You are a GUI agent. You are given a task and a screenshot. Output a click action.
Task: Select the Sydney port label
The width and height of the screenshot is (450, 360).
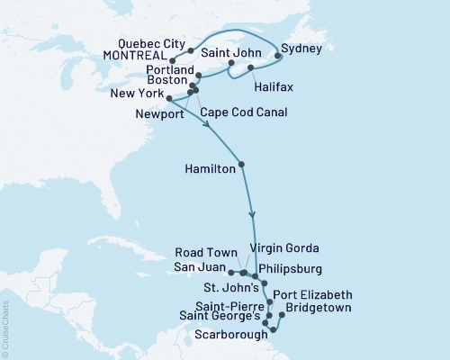(x=300, y=47)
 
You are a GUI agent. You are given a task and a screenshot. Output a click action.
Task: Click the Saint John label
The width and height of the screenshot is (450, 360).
(x=239, y=53)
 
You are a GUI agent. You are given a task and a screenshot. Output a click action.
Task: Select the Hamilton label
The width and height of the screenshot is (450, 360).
(x=210, y=168)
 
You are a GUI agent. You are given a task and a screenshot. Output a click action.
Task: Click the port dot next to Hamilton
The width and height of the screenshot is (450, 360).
(x=241, y=164)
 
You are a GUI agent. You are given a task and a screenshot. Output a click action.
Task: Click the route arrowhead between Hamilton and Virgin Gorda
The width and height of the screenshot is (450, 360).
(x=253, y=214)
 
